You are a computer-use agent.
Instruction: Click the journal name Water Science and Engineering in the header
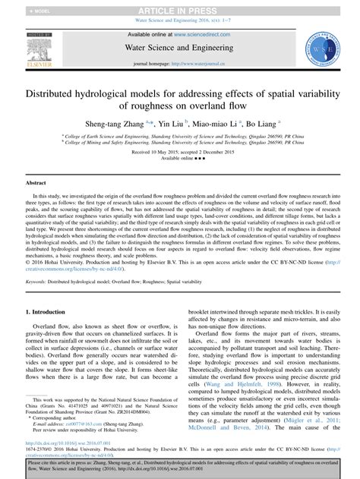click(179, 48)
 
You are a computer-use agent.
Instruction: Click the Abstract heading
click(36, 183)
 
